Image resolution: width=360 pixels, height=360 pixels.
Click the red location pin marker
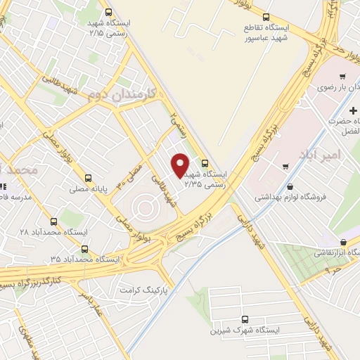pos(180,165)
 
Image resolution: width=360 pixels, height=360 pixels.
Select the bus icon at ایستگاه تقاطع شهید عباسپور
pos(266,18)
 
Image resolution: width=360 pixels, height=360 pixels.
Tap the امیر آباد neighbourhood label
pos(325,153)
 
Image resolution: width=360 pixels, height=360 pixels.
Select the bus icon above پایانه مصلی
pos(88,178)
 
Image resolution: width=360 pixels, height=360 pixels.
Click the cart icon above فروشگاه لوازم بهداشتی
pos(285,167)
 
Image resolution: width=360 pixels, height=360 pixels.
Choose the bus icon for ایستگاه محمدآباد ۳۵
pos(85,249)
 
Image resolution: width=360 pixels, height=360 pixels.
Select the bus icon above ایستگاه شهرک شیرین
pos(245,319)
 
